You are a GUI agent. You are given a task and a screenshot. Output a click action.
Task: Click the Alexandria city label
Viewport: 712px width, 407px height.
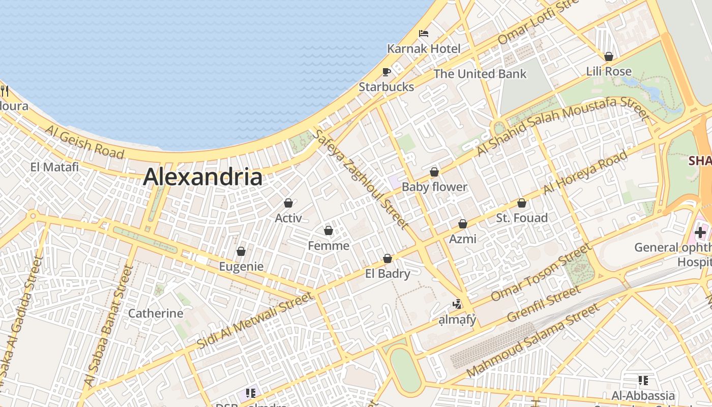(202, 177)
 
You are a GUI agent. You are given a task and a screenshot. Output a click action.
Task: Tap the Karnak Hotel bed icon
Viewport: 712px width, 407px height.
(424, 34)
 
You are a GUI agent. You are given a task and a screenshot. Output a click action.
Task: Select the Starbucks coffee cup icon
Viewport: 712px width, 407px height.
(387, 72)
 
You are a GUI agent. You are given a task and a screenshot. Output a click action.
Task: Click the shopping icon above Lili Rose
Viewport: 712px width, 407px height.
(608, 56)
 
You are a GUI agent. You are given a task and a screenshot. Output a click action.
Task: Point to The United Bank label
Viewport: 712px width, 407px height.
(480, 74)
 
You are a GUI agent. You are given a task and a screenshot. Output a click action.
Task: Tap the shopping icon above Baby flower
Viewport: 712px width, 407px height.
(434, 172)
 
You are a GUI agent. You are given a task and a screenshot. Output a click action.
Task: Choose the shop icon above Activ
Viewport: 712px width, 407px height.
(288, 203)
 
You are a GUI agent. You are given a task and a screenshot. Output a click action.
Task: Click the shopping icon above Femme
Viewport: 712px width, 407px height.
(329, 231)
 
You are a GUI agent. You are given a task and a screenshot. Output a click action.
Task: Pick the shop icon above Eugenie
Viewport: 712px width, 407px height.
(241, 251)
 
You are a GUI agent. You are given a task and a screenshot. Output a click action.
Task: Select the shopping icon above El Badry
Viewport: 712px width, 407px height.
(388, 258)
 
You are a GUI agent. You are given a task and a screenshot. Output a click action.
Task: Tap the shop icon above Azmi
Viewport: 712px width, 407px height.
(463, 224)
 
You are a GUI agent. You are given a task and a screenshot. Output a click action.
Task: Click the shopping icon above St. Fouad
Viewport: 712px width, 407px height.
(521, 203)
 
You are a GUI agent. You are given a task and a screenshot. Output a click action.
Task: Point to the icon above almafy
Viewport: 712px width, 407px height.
(457, 304)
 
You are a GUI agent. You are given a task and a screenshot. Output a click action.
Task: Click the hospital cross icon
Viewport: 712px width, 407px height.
(700, 232)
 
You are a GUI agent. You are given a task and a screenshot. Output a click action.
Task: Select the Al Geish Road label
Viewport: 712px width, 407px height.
(84, 142)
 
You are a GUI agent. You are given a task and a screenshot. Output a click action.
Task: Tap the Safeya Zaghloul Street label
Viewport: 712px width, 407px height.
(361, 179)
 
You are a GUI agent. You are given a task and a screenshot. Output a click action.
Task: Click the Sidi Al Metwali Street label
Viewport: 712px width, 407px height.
(254, 321)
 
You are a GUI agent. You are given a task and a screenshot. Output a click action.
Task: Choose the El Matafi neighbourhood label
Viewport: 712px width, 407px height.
(54, 167)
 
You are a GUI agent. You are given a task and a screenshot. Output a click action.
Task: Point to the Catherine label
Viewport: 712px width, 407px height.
(156, 313)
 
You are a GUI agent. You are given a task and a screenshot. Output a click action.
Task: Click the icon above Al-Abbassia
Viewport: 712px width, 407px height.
(643, 380)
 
